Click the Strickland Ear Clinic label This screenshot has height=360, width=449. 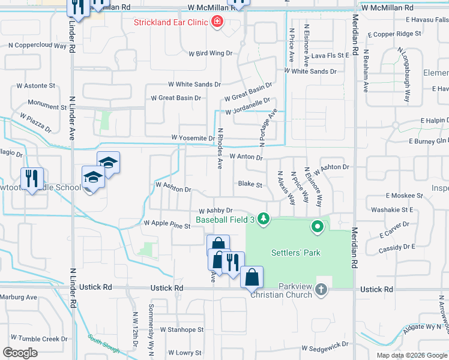tap(170, 23)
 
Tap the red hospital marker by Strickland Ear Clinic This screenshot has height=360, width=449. tap(216, 23)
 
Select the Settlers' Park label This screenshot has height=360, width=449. tap(296, 253)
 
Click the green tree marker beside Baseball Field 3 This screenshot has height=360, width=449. tap(263, 220)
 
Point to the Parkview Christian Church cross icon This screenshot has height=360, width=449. tap(321, 290)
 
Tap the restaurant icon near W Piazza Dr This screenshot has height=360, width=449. tap(31, 178)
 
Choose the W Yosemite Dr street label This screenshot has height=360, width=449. tap(193, 138)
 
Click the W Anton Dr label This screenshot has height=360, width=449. tap(246, 157)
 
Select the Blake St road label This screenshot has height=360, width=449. tap(250, 184)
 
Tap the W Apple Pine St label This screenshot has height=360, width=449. tap(167, 223)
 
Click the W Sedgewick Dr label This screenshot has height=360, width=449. tap(325, 347)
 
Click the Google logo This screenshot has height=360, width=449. tap(20, 352)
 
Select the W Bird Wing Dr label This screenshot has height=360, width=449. tap(210, 53)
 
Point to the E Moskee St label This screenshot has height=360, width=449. tap(405, 196)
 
